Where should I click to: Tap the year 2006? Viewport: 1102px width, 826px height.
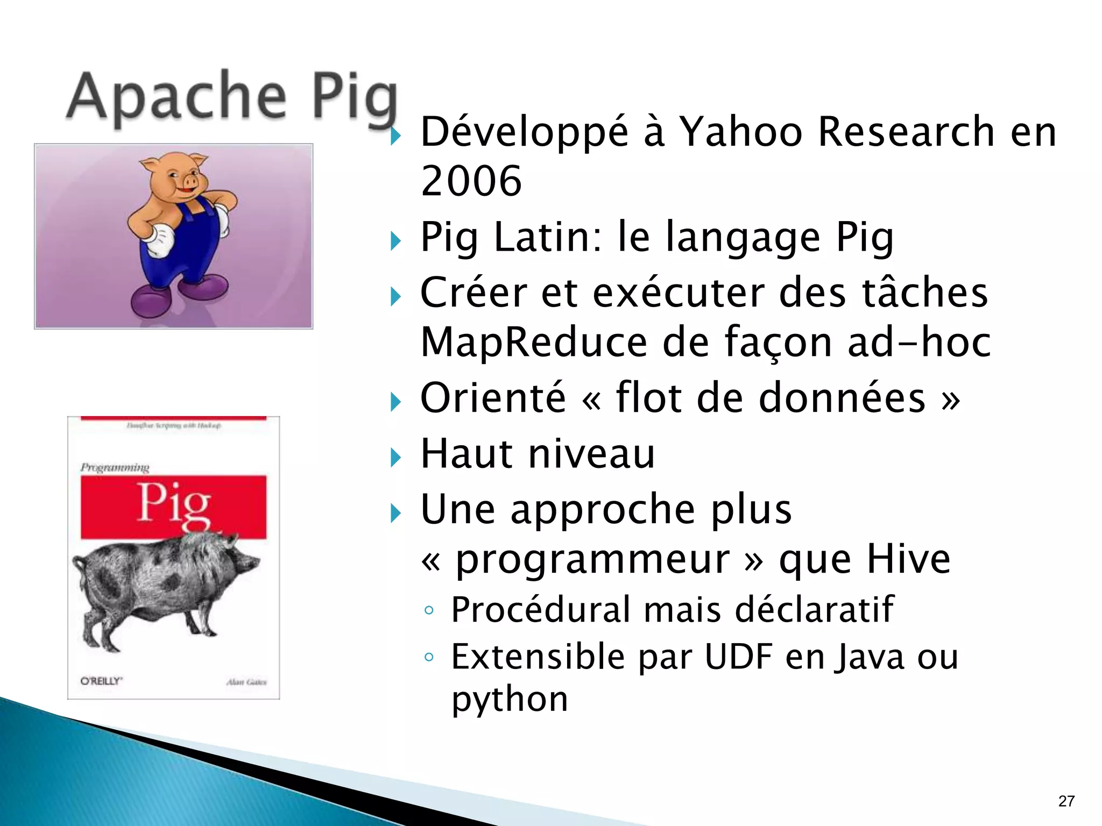coord(471,181)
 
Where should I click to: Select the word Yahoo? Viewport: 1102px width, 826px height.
coord(741,132)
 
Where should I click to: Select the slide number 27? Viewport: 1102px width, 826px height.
coord(1066,801)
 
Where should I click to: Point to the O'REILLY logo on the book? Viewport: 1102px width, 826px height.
coord(101,681)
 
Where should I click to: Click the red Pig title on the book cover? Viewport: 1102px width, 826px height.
coord(173,504)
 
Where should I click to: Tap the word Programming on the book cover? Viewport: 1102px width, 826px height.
coord(115,467)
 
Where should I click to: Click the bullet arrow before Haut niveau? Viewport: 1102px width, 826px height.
coord(396,458)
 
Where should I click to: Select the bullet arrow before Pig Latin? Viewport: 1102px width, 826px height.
coord(396,240)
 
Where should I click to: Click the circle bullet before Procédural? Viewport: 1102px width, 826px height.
coord(429,610)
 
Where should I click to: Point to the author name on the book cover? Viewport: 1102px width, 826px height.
coord(246,682)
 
